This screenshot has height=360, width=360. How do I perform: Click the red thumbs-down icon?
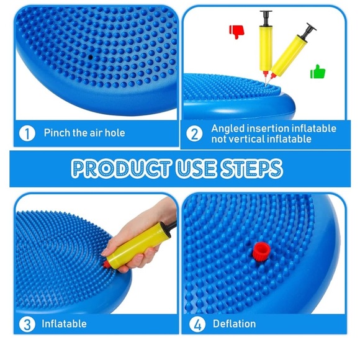(x=236, y=32)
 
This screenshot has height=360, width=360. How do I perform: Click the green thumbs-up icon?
(x=318, y=71)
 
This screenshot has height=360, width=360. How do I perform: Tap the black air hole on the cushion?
(x=91, y=57)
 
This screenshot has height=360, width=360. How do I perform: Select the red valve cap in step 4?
(x=261, y=253)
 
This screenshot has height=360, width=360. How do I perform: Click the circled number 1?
(x=27, y=133)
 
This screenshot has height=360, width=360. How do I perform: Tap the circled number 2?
(x=194, y=134)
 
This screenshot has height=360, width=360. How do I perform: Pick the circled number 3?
(x=27, y=325)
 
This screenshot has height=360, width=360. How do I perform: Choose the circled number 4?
(x=197, y=325)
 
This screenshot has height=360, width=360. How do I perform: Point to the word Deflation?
(x=234, y=324)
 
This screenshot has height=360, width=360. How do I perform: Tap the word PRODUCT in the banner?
(x=121, y=169)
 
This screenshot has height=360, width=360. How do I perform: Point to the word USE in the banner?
(x=196, y=169)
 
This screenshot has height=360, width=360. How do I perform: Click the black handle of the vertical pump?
(x=266, y=18)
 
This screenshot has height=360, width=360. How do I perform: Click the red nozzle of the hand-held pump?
(x=106, y=264)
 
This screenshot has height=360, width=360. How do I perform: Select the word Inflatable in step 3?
(x=64, y=324)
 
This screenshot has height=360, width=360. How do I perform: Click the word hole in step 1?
(x=115, y=133)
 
